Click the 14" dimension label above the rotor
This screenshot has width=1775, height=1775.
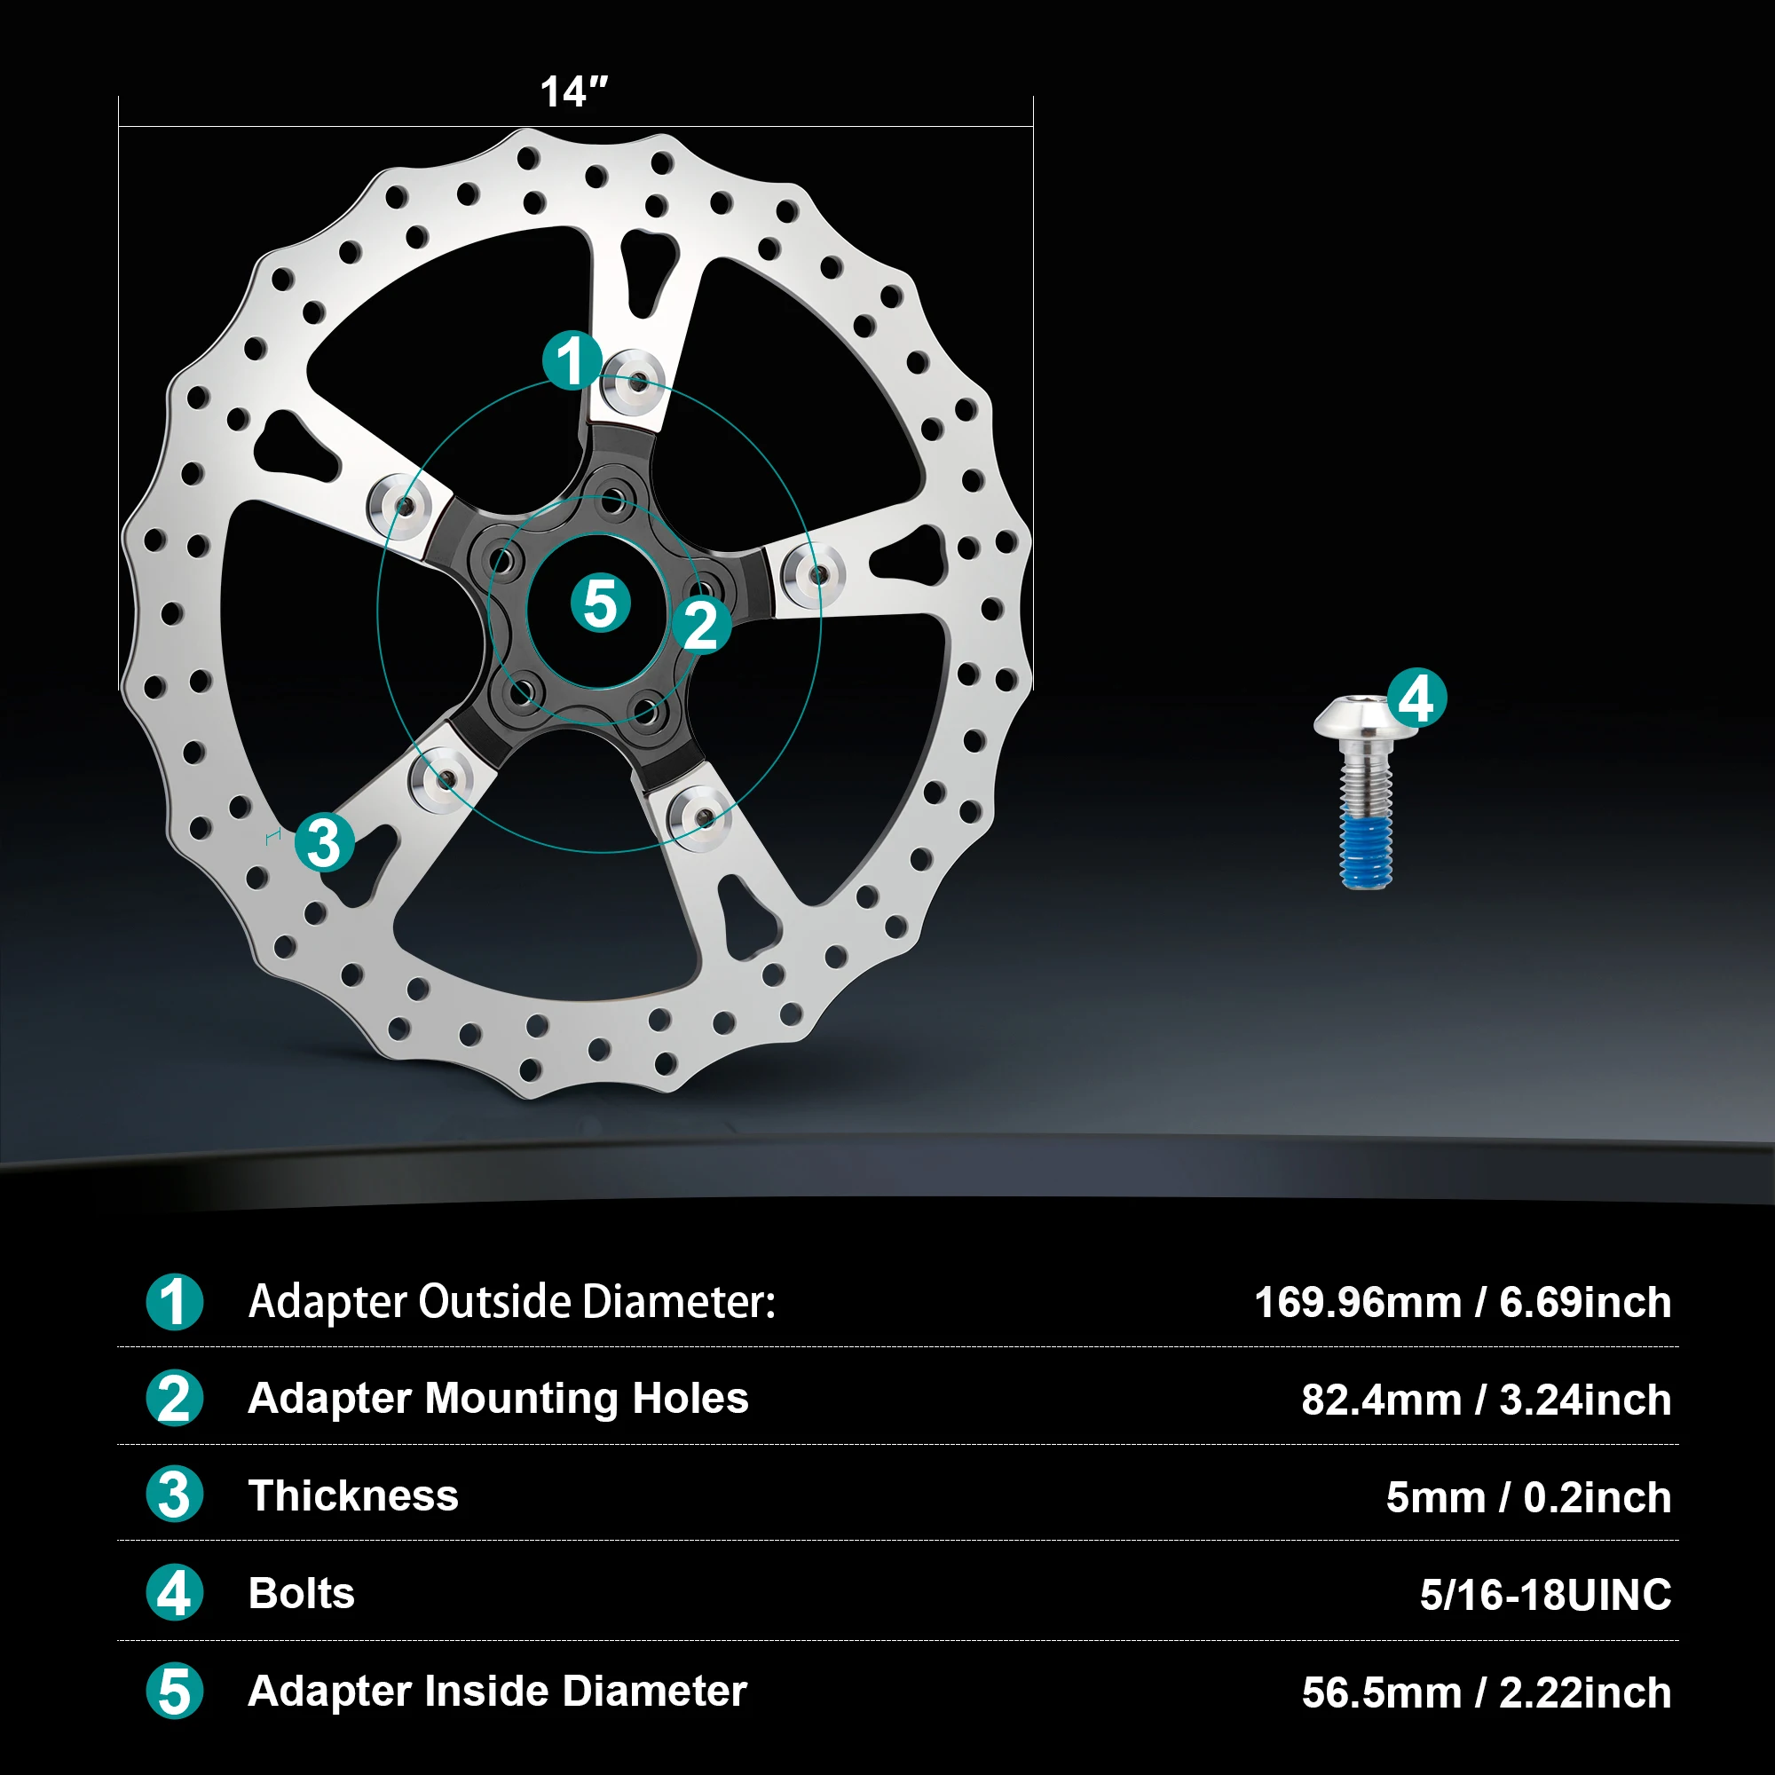[x=574, y=92]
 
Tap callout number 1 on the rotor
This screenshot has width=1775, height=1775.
[x=572, y=360]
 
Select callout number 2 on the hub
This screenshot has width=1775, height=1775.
[x=702, y=626]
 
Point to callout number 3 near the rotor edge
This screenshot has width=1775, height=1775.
[x=324, y=842]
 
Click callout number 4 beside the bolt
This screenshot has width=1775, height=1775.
[x=1416, y=698]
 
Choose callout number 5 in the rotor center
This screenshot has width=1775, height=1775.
[x=601, y=603]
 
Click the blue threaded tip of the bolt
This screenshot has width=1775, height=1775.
[x=1366, y=850]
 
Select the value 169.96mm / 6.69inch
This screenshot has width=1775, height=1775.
[x=1463, y=1303]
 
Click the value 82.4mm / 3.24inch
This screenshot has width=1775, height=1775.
[x=1487, y=1400]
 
